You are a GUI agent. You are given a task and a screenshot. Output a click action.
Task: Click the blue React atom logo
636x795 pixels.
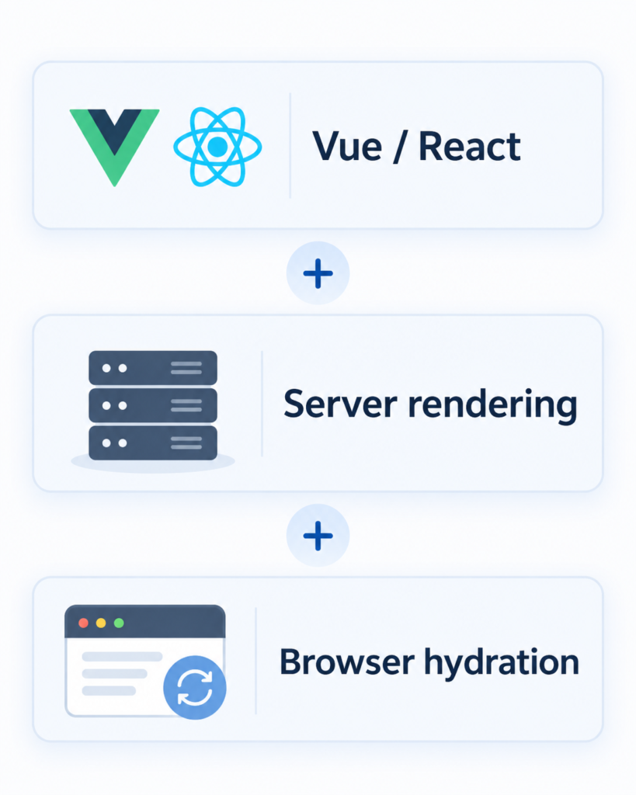point(217,147)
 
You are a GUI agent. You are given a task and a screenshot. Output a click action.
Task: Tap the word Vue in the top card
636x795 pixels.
point(347,147)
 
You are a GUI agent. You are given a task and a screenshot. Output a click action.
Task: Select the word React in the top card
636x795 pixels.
point(470,147)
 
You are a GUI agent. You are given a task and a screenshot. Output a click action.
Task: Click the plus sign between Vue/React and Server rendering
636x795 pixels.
point(318,273)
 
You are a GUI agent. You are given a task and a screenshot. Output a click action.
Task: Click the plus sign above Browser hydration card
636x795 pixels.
point(318,536)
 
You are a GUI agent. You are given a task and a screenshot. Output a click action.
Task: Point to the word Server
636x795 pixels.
point(340,404)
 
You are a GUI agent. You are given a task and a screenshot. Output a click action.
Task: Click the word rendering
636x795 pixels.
point(492,405)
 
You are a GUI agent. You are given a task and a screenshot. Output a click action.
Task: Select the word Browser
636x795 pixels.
point(347,661)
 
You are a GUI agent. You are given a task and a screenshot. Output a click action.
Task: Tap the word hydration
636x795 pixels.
point(502,663)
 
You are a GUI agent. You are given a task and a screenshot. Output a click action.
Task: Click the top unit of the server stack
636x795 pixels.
point(153,368)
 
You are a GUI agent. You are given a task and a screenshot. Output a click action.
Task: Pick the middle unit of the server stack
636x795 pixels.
point(153,405)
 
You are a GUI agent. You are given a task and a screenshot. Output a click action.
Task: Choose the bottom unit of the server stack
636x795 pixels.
point(153,443)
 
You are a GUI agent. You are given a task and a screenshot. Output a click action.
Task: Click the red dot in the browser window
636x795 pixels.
point(84,623)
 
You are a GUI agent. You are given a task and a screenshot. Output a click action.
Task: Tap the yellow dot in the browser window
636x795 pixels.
point(101,623)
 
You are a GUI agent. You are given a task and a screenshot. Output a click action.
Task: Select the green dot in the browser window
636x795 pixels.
point(119,623)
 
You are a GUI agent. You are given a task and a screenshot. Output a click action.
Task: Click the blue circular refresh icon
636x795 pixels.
point(195,688)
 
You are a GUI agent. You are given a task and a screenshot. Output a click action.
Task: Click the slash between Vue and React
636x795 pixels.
point(400,147)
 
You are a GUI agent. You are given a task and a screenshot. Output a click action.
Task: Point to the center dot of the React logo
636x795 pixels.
point(217,147)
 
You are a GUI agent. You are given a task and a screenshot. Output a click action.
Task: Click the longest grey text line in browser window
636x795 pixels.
point(122,657)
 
